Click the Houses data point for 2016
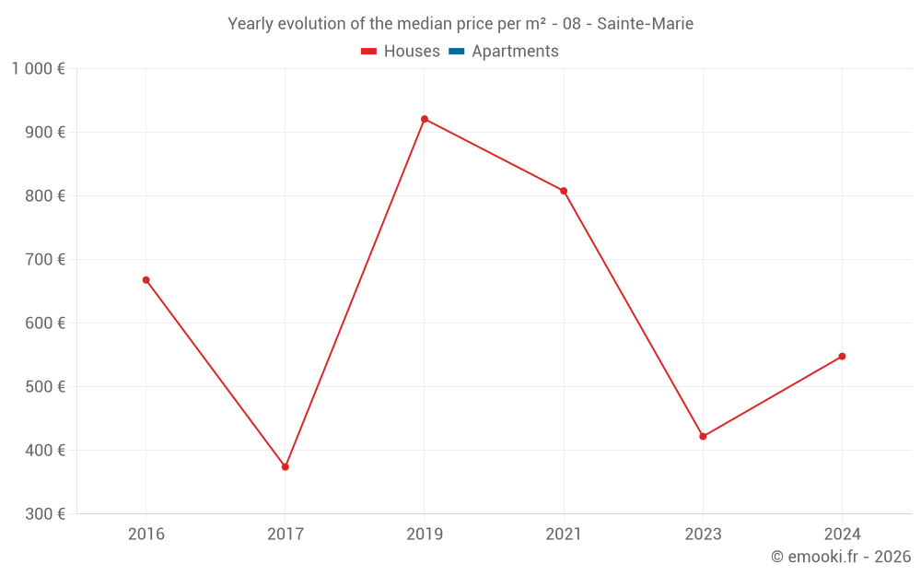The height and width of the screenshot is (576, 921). tap(146, 280)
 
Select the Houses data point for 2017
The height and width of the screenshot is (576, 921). tap(286, 467)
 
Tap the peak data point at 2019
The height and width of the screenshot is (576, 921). tap(425, 119)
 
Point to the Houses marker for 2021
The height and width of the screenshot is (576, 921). tap(564, 191)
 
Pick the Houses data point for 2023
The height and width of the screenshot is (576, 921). tap(703, 437)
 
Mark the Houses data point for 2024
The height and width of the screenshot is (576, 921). tap(842, 357)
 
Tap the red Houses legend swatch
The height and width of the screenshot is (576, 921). tap(368, 52)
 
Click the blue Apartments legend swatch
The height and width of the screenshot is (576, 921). tap(456, 52)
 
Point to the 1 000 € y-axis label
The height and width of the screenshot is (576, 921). tap(39, 69)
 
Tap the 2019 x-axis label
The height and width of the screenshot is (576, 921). tap(425, 535)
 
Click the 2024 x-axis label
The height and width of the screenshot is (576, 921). tap(842, 535)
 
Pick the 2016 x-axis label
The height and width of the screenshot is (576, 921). tap(146, 535)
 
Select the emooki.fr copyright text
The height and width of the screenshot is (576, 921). tap(841, 557)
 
